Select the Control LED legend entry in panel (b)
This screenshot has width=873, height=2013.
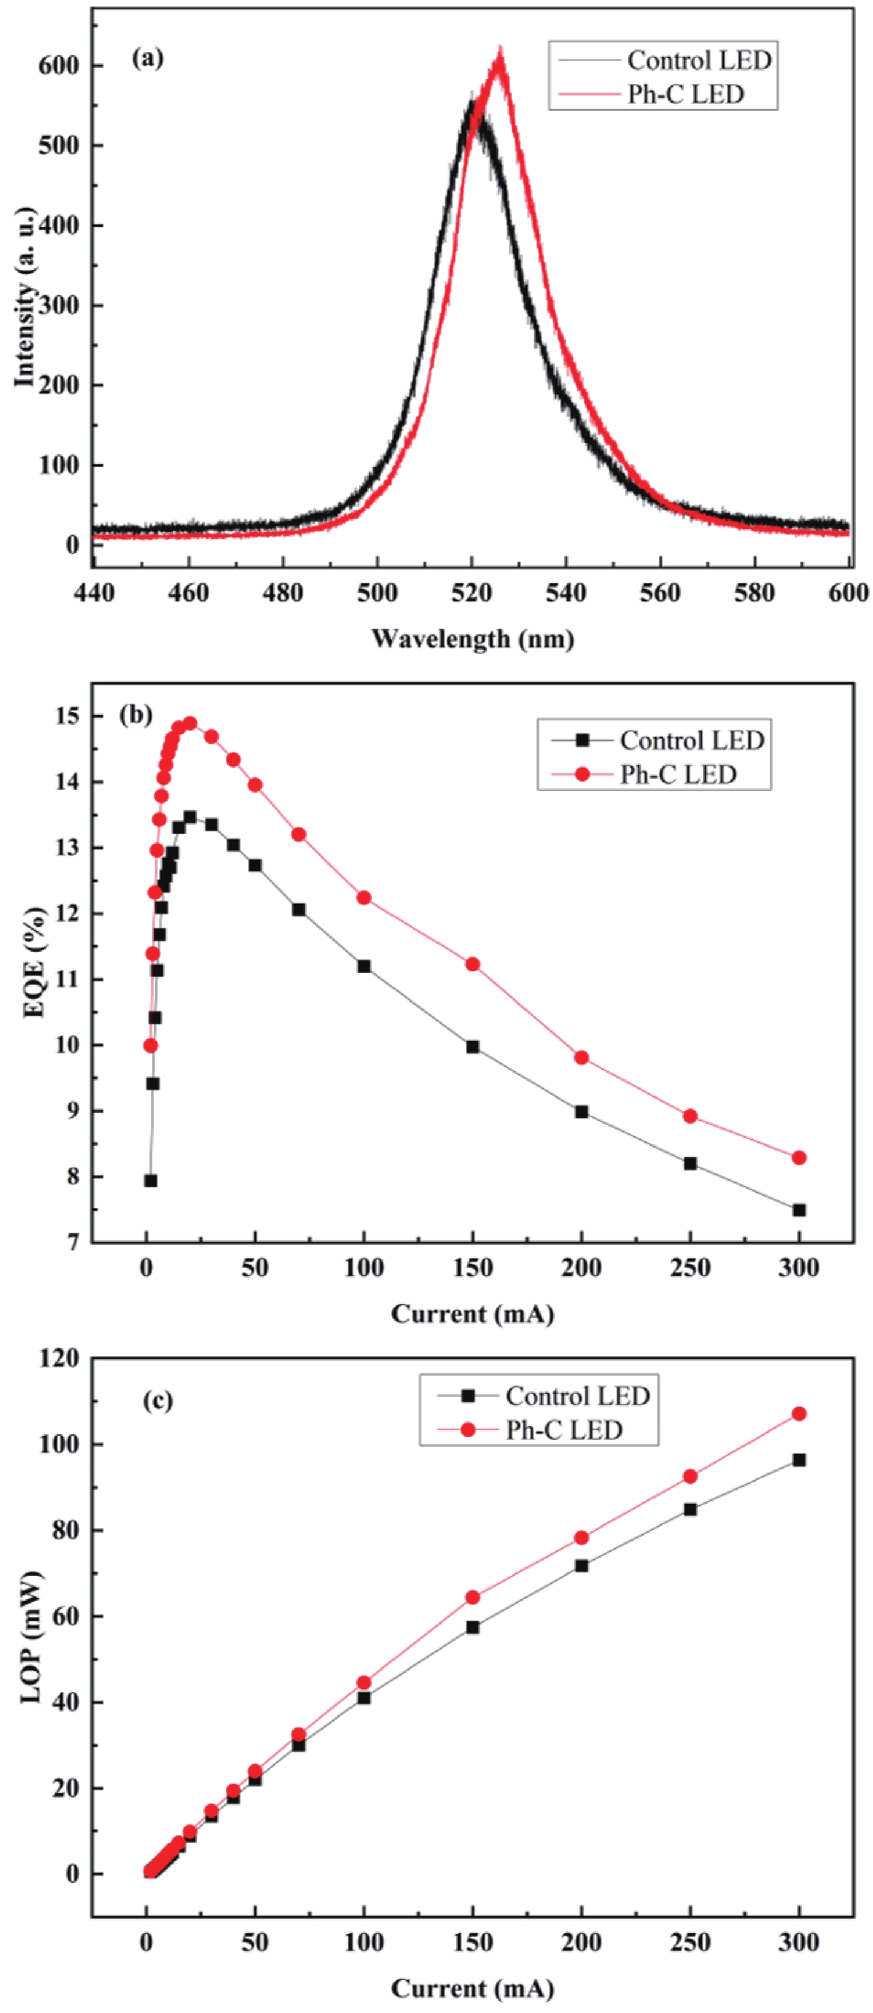click(691, 740)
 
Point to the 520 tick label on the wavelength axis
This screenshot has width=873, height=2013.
click(472, 593)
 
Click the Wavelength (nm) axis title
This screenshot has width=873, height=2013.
click(473, 639)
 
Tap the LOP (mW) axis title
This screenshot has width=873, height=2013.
click(32, 1637)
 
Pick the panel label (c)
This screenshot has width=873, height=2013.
click(158, 1401)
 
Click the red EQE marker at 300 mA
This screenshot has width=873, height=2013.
click(799, 1158)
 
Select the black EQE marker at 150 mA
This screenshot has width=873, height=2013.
click(473, 1046)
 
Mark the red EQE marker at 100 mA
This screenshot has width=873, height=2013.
click(363, 898)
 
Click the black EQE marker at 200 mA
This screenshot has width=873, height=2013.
click(581, 1111)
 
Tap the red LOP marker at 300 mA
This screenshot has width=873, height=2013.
click(799, 1414)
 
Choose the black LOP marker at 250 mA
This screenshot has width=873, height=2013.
click(690, 1509)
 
